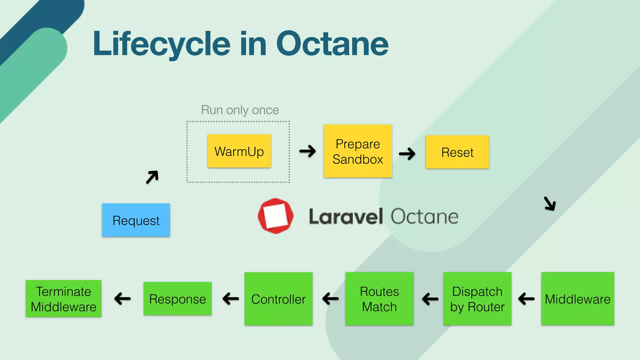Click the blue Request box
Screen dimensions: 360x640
click(x=136, y=220)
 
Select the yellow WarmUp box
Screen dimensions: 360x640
click(x=239, y=151)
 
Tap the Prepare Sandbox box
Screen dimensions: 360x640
click(x=358, y=151)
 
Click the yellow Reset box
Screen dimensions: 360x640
click(x=457, y=152)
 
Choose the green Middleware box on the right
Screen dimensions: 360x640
click(x=577, y=299)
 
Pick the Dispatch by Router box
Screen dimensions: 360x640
click(x=477, y=299)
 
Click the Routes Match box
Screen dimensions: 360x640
click(x=379, y=299)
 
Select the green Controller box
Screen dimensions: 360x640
click(x=278, y=299)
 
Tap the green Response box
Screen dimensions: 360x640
click(x=177, y=299)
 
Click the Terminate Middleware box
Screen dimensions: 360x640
click(x=63, y=299)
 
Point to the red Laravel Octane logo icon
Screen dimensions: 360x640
click(x=275, y=216)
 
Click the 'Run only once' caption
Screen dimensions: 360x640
click(x=240, y=110)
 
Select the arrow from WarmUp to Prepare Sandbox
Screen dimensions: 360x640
click(x=307, y=151)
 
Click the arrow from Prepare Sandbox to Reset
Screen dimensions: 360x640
click(x=407, y=153)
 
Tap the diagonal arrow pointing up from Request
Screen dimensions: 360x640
click(x=152, y=177)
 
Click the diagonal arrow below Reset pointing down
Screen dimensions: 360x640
click(x=550, y=203)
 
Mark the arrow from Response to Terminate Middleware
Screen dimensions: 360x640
click(x=122, y=298)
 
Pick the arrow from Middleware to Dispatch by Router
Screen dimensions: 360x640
click(x=526, y=299)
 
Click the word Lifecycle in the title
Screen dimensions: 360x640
click(x=162, y=44)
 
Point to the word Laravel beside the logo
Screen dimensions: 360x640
click(x=346, y=217)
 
